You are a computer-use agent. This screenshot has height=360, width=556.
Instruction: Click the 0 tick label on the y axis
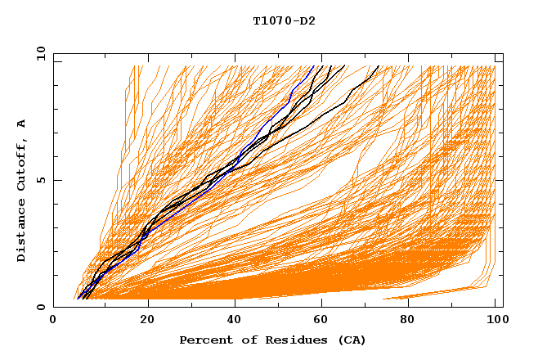pyautogui.click(x=40, y=307)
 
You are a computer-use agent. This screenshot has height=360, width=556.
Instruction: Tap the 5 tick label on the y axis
pyautogui.click(x=40, y=180)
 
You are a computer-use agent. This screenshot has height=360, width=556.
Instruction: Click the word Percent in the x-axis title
pyautogui.click(x=203, y=340)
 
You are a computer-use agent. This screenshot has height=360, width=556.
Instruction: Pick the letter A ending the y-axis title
pyautogui.click(x=22, y=123)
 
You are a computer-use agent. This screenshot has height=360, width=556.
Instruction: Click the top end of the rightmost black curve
pyautogui.click(x=379, y=66)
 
